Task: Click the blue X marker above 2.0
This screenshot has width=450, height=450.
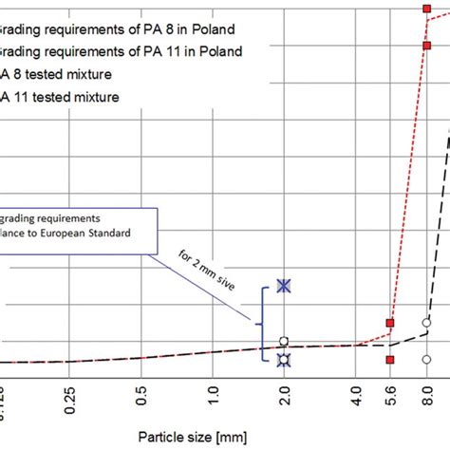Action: click(x=283, y=286)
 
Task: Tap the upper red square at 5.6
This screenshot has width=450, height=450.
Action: click(x=389, y=324)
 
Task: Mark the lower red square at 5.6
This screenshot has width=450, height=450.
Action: click(x=389, y=360)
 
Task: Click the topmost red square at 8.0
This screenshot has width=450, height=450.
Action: click(x=426, y=9)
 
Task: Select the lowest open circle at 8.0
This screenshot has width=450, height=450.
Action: click(x=426, y=359)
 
